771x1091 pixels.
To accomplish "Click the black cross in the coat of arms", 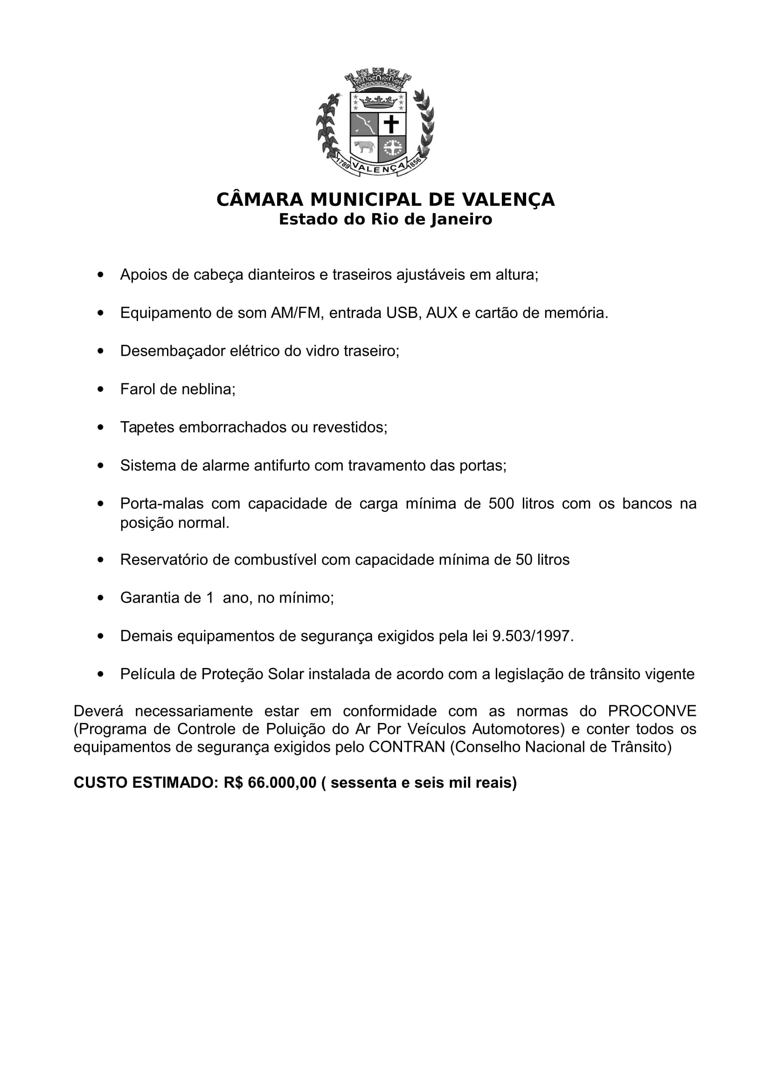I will [391, 124].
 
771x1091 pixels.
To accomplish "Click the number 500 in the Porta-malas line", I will [501, 503].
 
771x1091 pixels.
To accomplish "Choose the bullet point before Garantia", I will [100, 598].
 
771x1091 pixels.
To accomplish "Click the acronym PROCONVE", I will [652, 711].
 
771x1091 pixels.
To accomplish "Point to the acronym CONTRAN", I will [407, 747].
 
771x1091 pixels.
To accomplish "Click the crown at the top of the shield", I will [378, 101].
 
